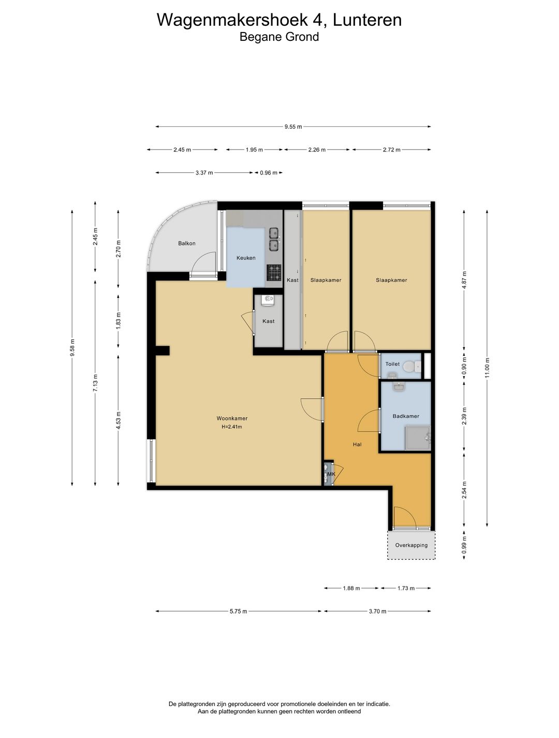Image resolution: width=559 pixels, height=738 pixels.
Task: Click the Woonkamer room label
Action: pyautogui.click(x=232, y=418)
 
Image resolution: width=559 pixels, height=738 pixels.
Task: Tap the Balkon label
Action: pyautogui.click(x=187, y=243)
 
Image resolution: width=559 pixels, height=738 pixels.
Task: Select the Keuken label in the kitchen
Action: pyautogui.click(x=246, y=258)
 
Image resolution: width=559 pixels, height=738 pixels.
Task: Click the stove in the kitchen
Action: pyautogui.click(x=274, y=273)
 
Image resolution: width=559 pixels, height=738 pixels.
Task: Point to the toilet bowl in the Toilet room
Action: pyautogui.click(x=409, y=366)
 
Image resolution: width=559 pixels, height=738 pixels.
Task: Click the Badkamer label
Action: pyautogui.click(x=406, y=416)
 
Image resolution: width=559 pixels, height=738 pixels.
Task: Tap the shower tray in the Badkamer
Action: pyautogui.click(x=417, y=438)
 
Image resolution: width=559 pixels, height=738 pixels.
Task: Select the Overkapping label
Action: pyautogui.click(x=411, y=545)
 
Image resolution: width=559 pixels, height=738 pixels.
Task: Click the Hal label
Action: pyautogui.click(x=357, y=444)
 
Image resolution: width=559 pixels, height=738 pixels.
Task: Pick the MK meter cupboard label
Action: pyautogui.click(x=331, y=474)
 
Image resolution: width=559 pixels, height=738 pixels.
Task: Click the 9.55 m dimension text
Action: pyautogui.click(x=293, y=127)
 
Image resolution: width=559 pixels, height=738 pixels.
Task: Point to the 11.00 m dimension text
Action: pyautogui.click(x=487, y=368)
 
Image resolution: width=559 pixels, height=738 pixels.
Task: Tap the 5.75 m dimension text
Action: pyautogui.click(x=238, y=611)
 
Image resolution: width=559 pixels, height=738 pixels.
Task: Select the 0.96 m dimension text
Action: pyautogui.click(x=269, y=173)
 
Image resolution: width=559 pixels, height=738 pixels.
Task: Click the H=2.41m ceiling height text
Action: pyautogui.click(x=232, y=427)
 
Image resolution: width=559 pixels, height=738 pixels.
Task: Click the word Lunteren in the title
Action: pyautogui.click(x=367, y=20)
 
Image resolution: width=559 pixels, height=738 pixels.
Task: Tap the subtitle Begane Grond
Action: pyautogui.click(x=279, y=37)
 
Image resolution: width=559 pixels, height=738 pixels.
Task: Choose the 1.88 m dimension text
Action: pyautogui.click(x=351, y=588)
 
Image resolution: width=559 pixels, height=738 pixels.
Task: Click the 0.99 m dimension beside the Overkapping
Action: pyautogui.click(x=464, y=545)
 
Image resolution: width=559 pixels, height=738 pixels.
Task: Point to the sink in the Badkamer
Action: pyautogui.click(x=399, y=388)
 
